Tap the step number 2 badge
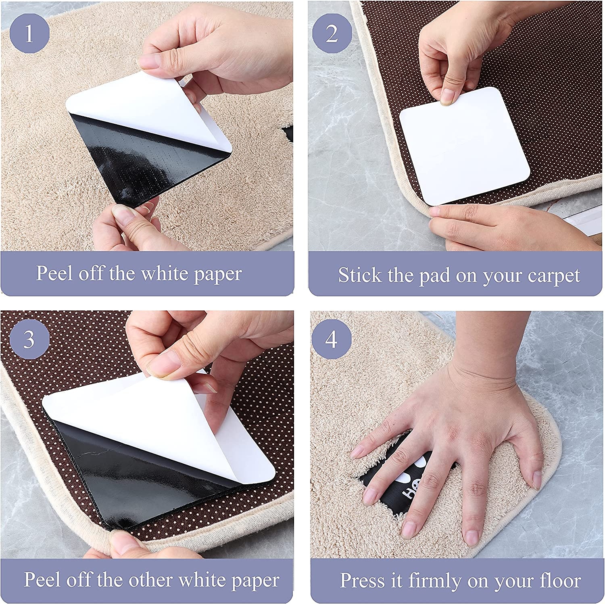point(332,33)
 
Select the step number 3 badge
point(29,339)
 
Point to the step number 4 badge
point(332,339)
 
